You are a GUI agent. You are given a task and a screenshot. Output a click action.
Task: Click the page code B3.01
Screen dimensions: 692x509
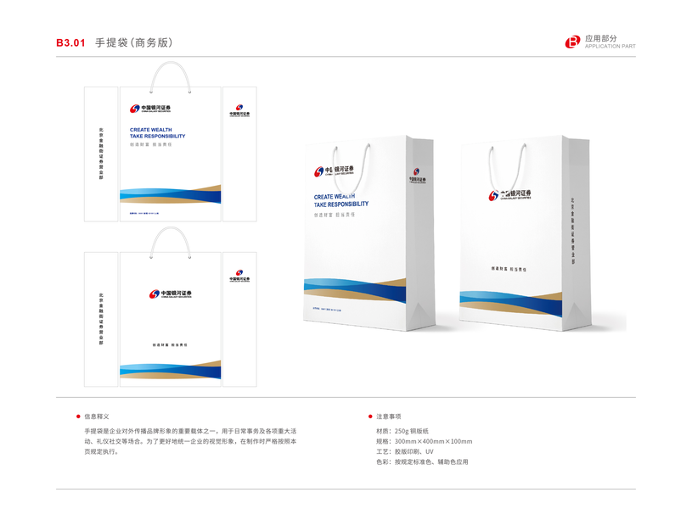(x=70, y=42)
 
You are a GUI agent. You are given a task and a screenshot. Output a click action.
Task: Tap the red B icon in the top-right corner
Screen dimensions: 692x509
(x=573, y=42)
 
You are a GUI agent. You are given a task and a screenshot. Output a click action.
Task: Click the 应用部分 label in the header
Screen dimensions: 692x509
(x=602, y=38)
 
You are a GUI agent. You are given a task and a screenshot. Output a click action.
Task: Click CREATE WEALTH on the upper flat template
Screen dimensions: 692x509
(x=151, y=130)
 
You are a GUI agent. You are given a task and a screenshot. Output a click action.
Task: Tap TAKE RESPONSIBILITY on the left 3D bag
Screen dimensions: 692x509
(x=341, y=204)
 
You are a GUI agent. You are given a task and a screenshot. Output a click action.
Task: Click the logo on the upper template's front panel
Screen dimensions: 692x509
(x=151, y=109)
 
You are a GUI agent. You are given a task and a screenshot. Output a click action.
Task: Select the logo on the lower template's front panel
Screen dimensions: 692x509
(x=170, y=294)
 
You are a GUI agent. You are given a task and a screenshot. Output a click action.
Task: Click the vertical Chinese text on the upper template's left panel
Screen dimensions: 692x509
(x=101, y=154)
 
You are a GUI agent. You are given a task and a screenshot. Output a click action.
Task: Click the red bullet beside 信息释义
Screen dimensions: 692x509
(x=77, y=417)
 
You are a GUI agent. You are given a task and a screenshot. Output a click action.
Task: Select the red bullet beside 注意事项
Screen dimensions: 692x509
(x=369, y=417)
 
